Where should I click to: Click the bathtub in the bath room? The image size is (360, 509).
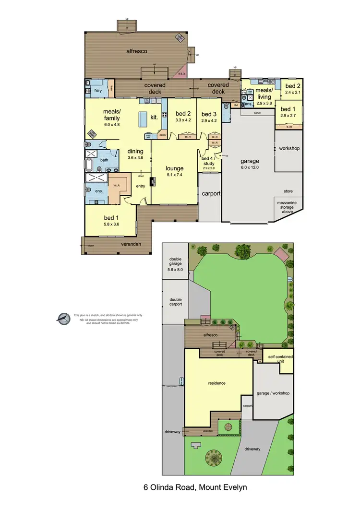click(90, 165)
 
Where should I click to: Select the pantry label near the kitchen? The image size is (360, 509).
click(163, 135)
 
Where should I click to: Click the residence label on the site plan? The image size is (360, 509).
click(217, 383)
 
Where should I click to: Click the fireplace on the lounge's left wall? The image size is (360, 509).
click(153, 181)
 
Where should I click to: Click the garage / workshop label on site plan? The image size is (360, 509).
click(274, 393)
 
